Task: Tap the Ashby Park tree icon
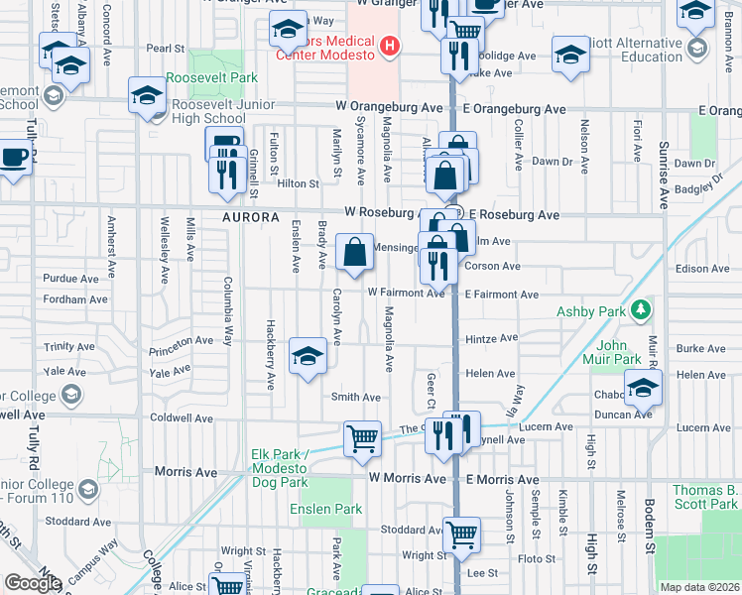(641, 309)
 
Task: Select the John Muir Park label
(619, 352)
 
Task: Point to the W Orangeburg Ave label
(389, 107)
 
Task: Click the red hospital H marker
(390, 45)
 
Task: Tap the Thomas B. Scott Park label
(705, 497)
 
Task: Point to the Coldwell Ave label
(182, 418)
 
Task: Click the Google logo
(32, 583)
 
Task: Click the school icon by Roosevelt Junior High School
(147, 96)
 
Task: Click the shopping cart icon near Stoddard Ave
(461, 535)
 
